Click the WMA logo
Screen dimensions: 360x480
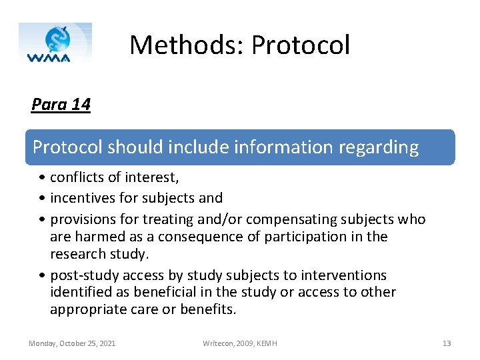(x=55, y=43)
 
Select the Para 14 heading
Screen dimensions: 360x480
(x=61, y=105)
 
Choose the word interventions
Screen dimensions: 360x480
(x=345, y=275)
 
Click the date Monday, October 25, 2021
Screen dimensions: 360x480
(x=72, y=343)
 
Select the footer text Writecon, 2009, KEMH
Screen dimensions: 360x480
(x=240, y=343)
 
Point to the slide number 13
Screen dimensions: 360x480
(x=447, y=343)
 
